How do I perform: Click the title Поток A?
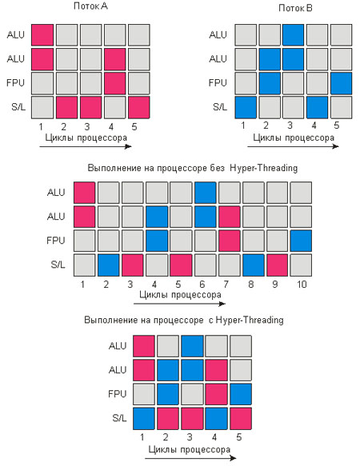(90, 6)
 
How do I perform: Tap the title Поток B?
(295, 8)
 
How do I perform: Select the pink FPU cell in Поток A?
(115, 83)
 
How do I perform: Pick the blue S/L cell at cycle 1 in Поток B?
(246, 107)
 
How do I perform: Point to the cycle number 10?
(302, 284)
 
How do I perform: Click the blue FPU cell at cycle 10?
(301, 241)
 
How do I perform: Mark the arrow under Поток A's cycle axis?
(86, 146)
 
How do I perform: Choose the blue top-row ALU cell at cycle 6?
(206, 193)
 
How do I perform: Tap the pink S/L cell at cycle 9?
(277, 265)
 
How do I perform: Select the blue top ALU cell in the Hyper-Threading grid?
(192, 346)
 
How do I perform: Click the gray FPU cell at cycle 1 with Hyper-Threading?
(144, 394)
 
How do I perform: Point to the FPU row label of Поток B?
(218, 83)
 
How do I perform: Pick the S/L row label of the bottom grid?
(119, 418)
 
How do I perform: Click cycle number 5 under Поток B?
(337, 125)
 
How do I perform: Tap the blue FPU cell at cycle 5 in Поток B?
(341, 83)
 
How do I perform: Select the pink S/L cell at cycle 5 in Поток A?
(139, 107)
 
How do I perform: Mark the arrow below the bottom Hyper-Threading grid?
(193, 458)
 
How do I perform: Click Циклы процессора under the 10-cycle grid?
(180, 295)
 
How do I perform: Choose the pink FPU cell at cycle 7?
(230, 241)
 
